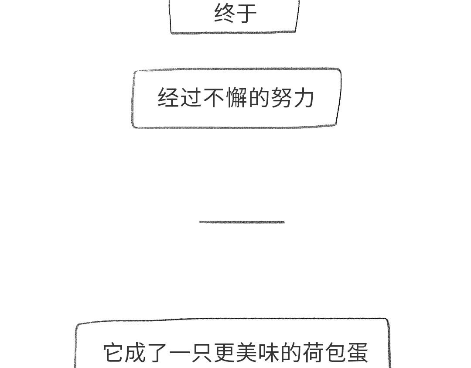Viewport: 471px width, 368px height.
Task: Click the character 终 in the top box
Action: click(225, 13)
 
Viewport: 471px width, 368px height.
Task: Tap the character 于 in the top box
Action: click(246, 13)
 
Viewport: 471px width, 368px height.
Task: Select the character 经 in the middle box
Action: click(168, 97)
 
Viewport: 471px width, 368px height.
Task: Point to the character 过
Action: click(191, 97)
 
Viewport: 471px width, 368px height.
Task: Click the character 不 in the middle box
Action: click(214, 97)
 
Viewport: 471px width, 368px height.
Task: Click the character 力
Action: click(304, 97)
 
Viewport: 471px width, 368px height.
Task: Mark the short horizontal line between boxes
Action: click(242, 222)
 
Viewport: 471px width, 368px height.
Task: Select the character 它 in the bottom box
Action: click(114, 352)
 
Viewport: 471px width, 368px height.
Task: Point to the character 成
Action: click(136, 352)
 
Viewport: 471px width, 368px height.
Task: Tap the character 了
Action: click(158, 352)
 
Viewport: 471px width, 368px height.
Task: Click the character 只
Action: click(203, 352)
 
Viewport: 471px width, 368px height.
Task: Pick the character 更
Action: click(225, 352)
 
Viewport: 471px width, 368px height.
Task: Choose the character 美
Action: click(247, 352)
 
